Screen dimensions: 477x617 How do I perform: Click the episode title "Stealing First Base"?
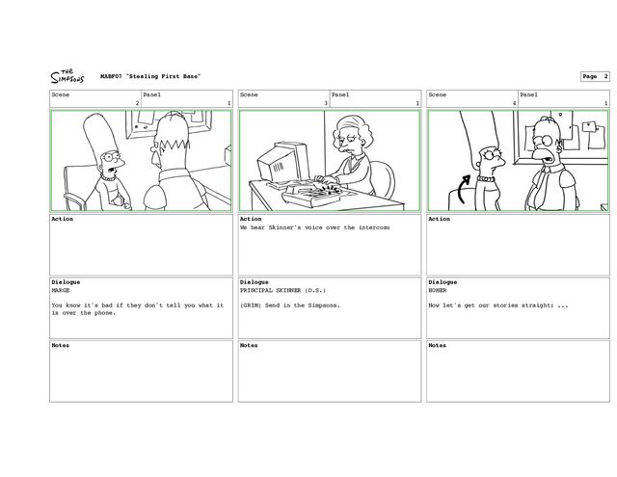[x=155, y=76]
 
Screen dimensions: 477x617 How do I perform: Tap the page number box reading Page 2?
[x=594, y=75]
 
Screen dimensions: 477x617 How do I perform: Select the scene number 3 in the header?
[x=326, y=103]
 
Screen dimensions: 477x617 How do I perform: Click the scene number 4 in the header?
[x=514, y=103]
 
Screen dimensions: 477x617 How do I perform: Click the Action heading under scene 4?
[x=440, y=220]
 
